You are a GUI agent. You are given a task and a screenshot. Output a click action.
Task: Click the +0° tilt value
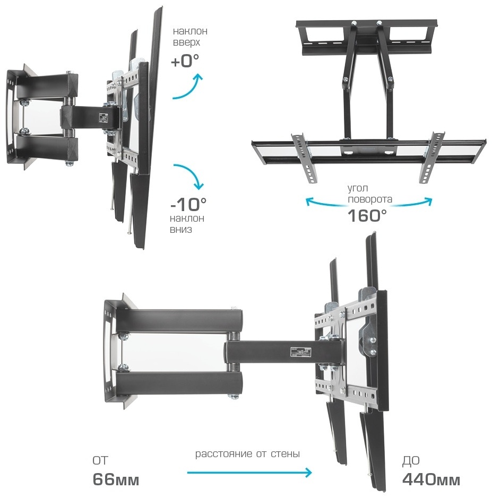(185, 62)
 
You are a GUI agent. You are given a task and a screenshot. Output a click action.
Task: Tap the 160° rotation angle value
(367, 215)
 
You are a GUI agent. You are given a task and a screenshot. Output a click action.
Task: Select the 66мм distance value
(116, 480)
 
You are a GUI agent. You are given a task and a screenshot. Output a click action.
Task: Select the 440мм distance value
(431, 480)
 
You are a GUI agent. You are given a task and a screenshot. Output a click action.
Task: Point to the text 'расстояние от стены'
(247, 454)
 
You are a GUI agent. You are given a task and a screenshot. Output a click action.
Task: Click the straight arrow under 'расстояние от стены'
(248, 472)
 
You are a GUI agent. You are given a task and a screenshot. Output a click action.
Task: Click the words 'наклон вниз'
(187, 224)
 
